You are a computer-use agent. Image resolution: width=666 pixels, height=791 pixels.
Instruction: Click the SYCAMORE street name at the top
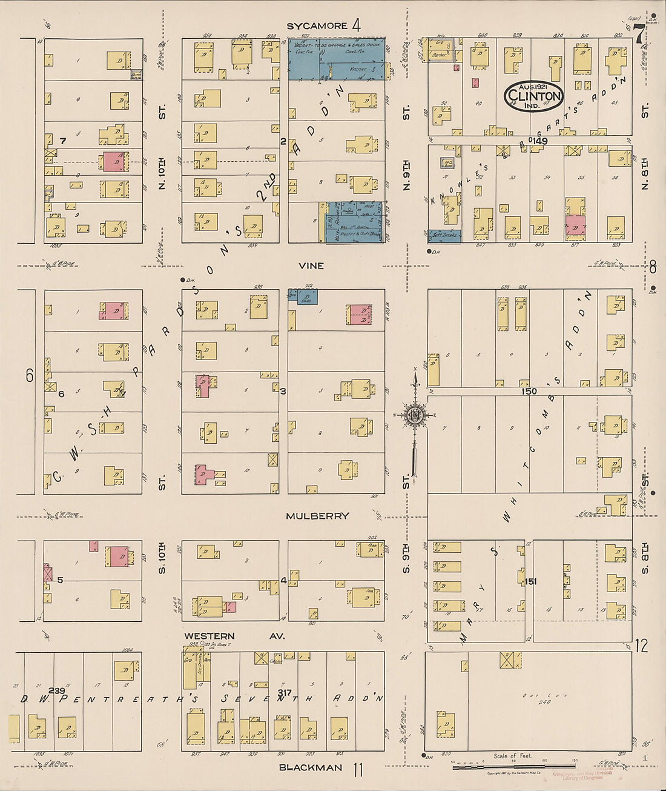pos(317,26)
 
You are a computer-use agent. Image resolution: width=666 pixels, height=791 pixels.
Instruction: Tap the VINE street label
pos(311,265)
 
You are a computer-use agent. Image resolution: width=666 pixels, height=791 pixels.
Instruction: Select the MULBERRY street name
pos(317,516)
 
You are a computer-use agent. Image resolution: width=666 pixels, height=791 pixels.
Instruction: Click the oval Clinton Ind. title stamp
pos(534,96)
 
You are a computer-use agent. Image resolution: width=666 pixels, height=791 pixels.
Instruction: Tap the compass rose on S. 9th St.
pos(415,415)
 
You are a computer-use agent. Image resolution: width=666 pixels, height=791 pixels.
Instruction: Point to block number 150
pos(529,392)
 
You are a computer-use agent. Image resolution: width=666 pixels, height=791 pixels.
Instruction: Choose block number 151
pos(531,581)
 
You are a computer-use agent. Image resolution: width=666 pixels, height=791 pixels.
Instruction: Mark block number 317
pos(284,692)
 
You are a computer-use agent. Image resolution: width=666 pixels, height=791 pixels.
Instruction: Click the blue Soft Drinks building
pos(444,236)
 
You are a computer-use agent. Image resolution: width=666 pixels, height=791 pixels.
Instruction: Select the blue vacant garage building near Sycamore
pos(337,61)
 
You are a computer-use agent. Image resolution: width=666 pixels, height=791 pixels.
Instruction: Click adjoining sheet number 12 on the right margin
pos(641,646)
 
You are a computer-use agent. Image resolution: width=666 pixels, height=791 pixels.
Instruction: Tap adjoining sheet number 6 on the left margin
pos(29,376)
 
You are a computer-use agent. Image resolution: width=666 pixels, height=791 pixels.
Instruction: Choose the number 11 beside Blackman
pos(358,770)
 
